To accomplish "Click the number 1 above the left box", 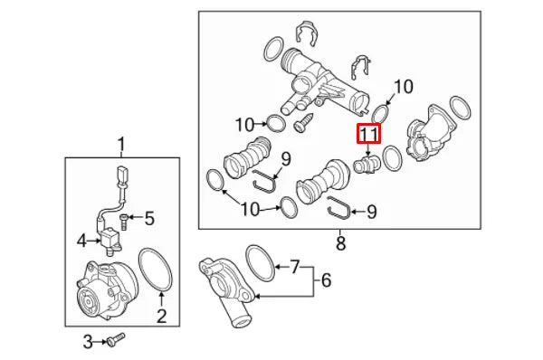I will tap(121, 144).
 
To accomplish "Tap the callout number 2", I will tap(161, 316).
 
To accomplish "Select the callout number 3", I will tap(88, 341).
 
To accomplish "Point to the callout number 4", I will tap(82, 241).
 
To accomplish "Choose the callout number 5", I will tap(150, 217).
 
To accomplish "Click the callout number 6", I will tap(326, 281).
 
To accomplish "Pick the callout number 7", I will tap(293, 267).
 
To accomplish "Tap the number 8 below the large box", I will tap(341, 242).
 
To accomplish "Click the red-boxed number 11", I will tap(369, 134).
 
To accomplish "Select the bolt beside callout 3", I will tap(115, 341).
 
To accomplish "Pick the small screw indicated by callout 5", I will tap(126, 217).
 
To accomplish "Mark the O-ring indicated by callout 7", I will tap(260, 261).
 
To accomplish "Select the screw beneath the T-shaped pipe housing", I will tap(301, 118).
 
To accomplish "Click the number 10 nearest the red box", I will tap(402, 87).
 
